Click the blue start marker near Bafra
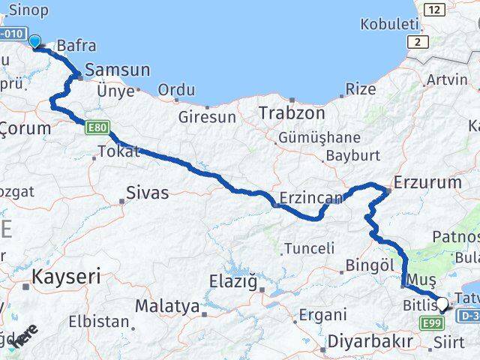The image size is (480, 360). click(34, 40)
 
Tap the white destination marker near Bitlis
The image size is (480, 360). click(442, 304)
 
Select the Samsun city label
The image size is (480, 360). click(117, 70)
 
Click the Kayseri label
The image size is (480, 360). click(66, 276)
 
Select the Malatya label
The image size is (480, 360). click(166, 306)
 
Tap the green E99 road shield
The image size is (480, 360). click(431, 323)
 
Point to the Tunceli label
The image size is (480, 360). click(309, 248)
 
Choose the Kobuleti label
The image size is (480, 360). click(388, 24)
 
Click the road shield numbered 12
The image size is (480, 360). click(433, 10)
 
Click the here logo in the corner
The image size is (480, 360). click(25, 335)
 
